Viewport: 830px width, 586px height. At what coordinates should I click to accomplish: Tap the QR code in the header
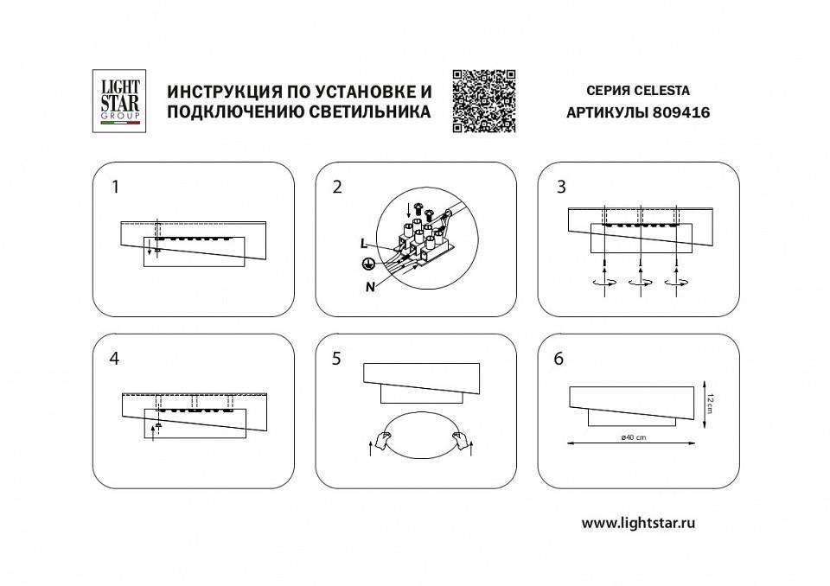[483, 101]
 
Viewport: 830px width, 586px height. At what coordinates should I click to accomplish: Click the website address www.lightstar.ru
[639, 522]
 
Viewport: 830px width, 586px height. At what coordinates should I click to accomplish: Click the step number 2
[337, 186]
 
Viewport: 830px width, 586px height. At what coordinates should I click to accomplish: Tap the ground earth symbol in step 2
[367, 264]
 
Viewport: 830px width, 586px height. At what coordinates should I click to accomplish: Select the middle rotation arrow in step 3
[641, 282]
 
